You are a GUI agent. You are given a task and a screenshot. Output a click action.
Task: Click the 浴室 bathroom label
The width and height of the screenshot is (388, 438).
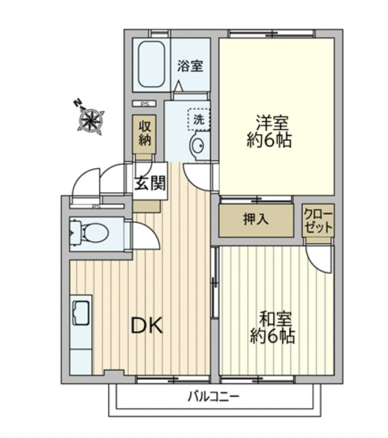(190, 65)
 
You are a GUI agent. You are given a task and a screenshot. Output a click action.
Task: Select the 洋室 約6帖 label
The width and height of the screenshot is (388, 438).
(269, 131)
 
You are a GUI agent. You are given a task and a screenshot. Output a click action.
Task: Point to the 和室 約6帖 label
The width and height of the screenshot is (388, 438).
(272, 327)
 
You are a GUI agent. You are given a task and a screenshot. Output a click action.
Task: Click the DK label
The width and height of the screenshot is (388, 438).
(147, 326)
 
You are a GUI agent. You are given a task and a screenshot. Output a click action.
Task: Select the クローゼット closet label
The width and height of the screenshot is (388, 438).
(318, 220)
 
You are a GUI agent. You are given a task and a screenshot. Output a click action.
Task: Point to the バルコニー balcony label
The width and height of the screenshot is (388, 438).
(214, 397)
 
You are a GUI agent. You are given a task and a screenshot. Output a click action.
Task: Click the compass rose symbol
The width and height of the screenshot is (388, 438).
(91, 119)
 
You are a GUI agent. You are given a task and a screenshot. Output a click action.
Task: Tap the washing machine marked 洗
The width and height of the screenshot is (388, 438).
(198, 120)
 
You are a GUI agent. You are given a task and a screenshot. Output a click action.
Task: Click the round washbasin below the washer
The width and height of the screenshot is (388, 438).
(197, 145)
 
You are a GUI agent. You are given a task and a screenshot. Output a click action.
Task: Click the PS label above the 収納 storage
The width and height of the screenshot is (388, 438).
(144, 104)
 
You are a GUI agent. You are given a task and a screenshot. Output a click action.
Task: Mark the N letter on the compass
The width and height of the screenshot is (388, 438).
(77, 104)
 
